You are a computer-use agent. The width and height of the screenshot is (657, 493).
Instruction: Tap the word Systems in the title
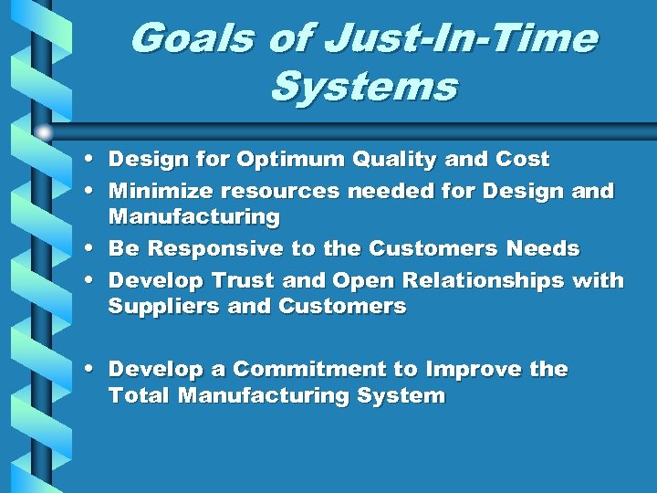[364, 89]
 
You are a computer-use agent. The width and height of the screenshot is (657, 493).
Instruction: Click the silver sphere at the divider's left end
[44, 132]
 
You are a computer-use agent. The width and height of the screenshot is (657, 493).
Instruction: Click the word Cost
[522, 160]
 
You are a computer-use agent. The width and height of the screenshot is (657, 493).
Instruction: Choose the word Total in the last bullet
[140, 396]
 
